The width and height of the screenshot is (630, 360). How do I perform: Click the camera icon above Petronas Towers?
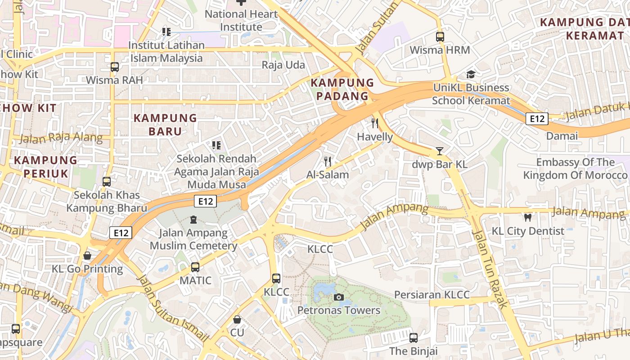click(x=338, y=297)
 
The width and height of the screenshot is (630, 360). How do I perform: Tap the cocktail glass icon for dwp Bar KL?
click(x=440, y=151)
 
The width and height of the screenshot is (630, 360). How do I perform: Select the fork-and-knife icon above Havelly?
click(x=375, y=123)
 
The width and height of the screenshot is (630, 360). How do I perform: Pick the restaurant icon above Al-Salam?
click(x=328, y=161)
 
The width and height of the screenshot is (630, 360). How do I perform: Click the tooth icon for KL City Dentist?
click(x=528, y=217)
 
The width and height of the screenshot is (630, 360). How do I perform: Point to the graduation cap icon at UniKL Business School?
click(x=471, y=74)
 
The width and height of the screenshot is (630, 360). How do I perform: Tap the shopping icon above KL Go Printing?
click(x=87, y=256)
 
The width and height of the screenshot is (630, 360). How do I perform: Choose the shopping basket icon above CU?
click(x=237, y=319)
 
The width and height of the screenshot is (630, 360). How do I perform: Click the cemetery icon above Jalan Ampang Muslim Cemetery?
click(x=193, y=220)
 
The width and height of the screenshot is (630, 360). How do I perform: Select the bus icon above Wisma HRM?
click(x=440, y=37)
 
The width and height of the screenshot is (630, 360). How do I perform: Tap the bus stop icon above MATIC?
click(x=195, y=267)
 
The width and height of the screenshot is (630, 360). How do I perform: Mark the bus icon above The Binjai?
click(x=414, y=337)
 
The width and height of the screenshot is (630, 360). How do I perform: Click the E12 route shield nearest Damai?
click(x=537, y=119)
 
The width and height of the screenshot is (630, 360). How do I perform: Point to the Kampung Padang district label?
click(x=342, y=89)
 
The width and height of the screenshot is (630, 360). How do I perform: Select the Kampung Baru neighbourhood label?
click(x=166, y=125)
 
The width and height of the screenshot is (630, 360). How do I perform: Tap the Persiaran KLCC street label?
click(x=432, y=295)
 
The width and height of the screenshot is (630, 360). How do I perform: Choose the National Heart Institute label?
click(x=241, y=20)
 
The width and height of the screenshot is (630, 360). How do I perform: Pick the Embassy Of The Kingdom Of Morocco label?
click(x=575, y=169)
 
